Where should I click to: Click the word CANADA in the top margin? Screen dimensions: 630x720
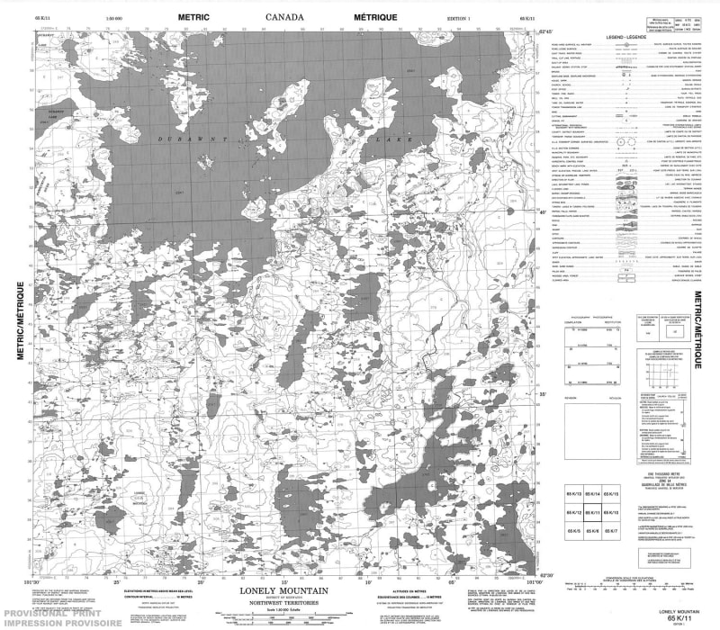[x=284, y=17]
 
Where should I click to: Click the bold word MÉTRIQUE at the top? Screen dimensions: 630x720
[x=373, y=17]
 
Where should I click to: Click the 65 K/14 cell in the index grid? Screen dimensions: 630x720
[x=593, y=496]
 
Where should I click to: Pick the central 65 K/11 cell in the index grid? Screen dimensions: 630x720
[x=593, y=513]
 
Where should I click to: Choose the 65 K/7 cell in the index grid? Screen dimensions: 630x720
[x=613, y=531]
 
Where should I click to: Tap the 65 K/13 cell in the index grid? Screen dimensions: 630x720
[x=573, y=496]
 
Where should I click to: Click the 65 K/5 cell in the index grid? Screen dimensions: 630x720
[x=573, y=531]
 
